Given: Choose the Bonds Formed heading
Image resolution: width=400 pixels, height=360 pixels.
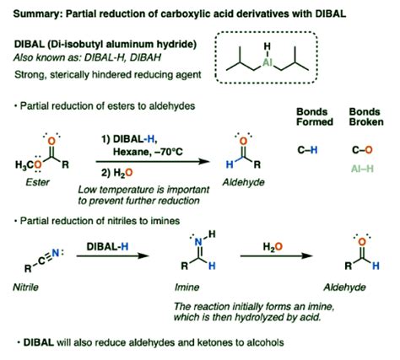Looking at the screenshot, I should pos(313,121).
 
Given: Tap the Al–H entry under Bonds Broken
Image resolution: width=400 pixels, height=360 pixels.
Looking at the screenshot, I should pos(361,167).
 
